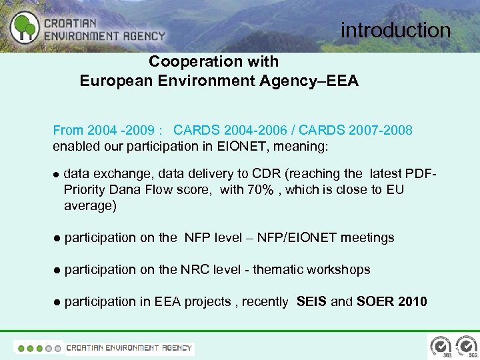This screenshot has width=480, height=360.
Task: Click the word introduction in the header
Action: coord(395,30)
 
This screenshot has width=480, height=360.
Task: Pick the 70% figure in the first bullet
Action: coord(260,190)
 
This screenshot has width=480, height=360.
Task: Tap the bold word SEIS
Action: coord(311,302)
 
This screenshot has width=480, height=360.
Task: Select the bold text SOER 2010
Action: coord(391,302)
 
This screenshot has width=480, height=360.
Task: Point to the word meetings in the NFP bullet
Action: coord(367,238)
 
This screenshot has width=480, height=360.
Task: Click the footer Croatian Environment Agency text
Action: coord(129,347)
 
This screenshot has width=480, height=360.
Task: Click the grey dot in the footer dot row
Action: coord(57,347)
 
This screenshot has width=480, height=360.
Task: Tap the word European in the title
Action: coord(114,81)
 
